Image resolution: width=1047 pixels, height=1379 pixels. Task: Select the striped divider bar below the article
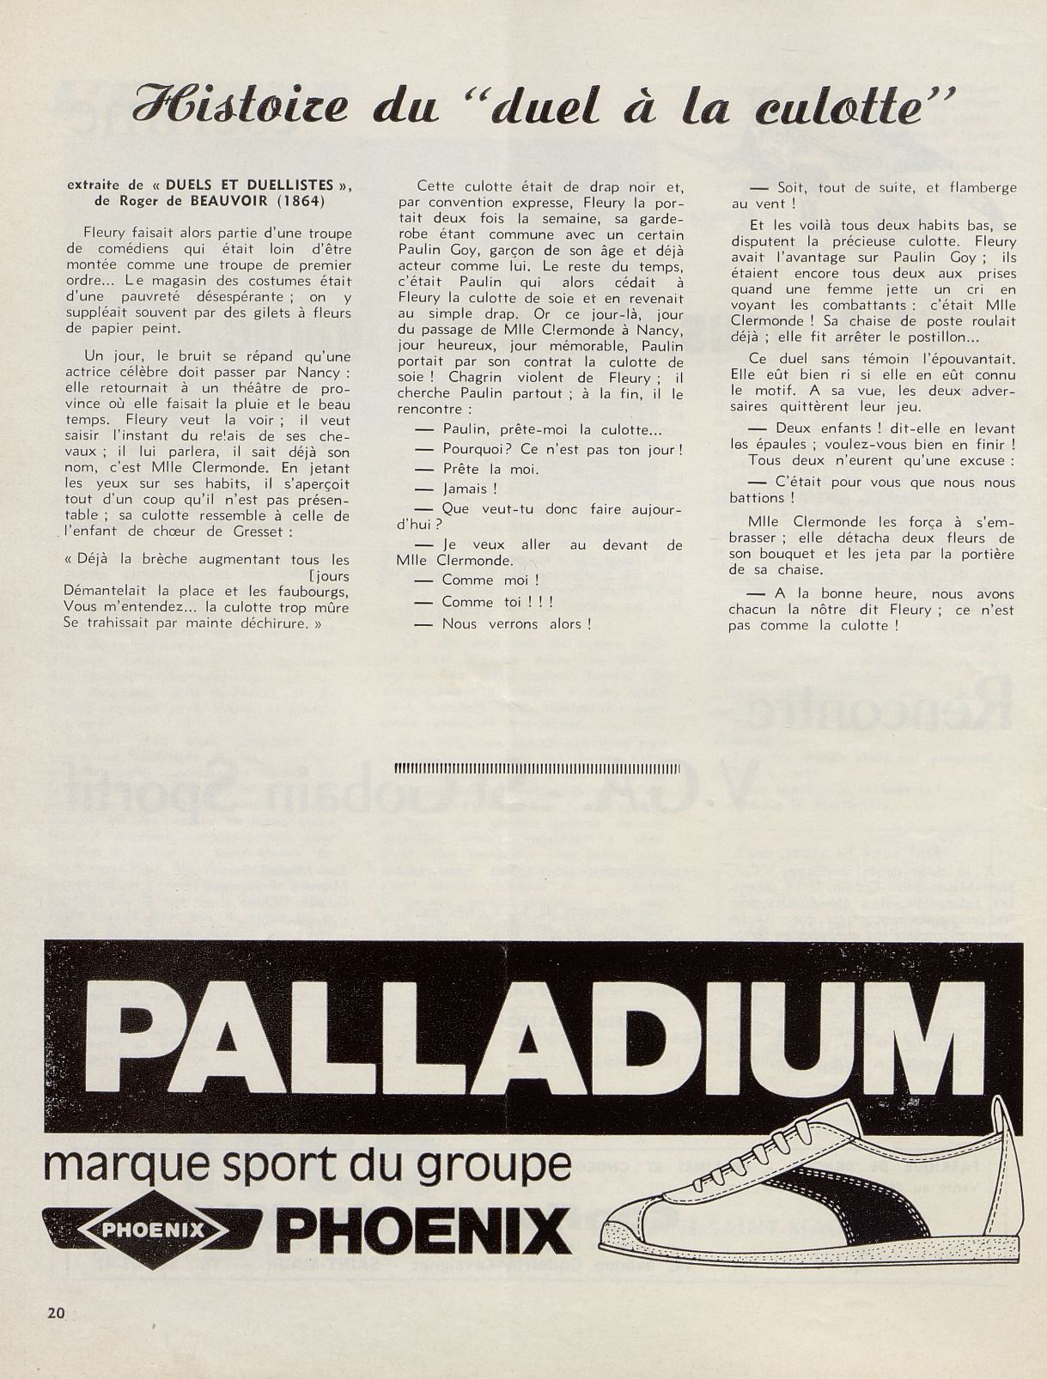[537, 768]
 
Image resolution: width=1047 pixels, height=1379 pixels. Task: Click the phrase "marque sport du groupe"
[307, 1164]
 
